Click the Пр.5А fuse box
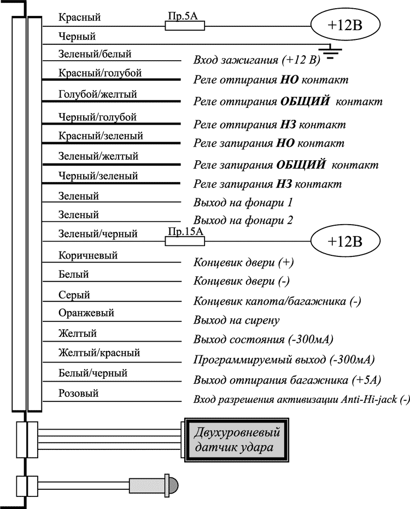(x=185, y=25)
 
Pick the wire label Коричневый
(x=87, y=255)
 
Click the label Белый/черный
(x=92, y=373)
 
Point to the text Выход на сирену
(x=237, y=320)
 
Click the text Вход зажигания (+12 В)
(x=257, y=60)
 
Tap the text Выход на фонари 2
(x=244, y=221)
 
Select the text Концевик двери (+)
(x=244, y=262)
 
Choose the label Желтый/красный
(x=99, y=353)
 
